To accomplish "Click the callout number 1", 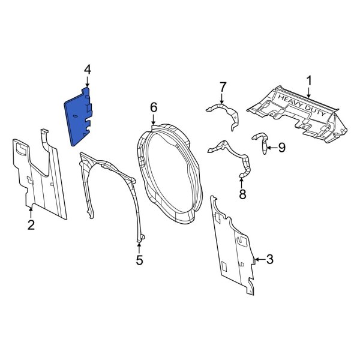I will (310, 80).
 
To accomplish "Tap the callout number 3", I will (269, 259).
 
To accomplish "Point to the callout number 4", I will (88, 70).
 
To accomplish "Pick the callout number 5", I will (140, 260).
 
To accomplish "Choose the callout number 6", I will (154, 107).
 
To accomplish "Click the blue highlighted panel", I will (80, 117).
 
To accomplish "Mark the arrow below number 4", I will (88, 83).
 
